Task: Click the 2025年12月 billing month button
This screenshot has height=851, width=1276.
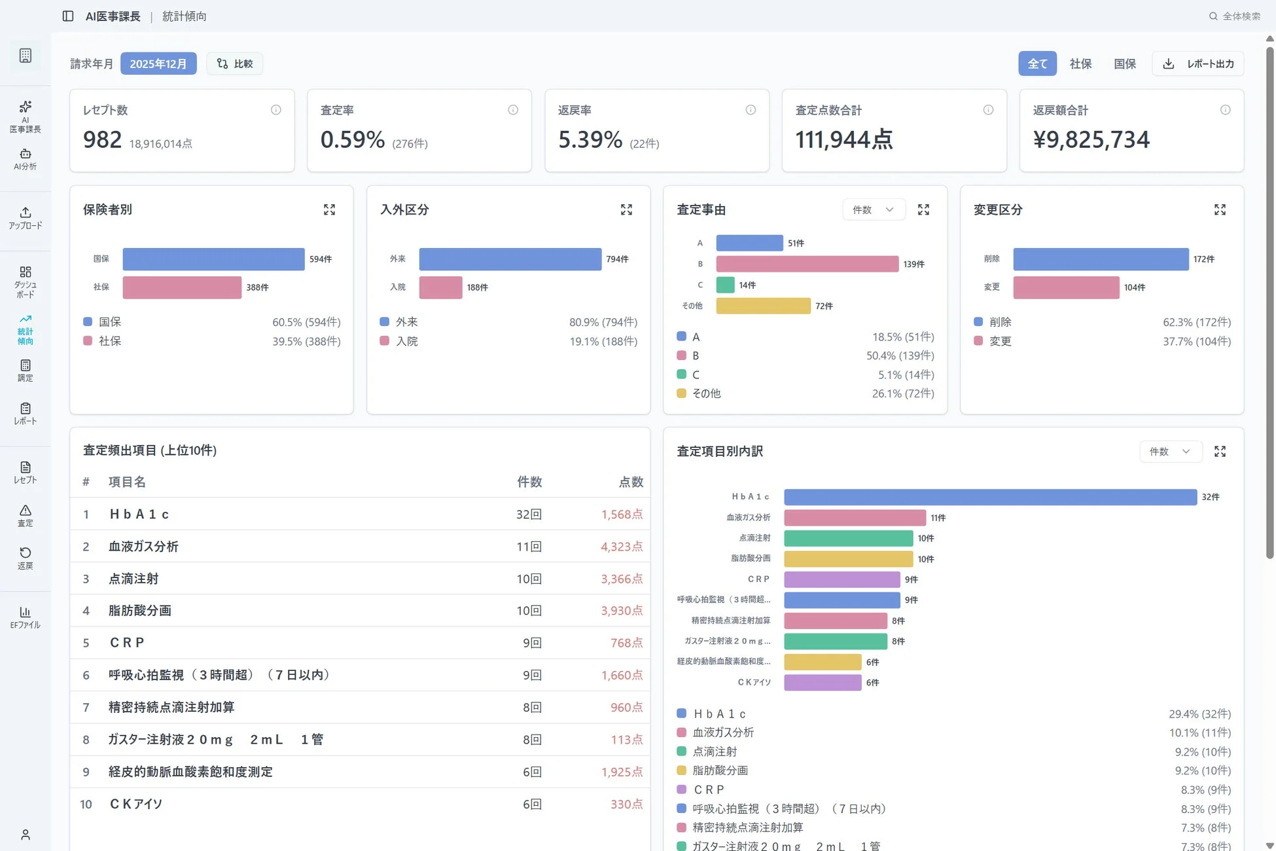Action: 158,63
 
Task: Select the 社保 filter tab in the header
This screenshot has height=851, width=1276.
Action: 1080,63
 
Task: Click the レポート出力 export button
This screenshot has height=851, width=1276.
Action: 1198,63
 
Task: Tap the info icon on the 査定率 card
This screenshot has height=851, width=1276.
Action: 513,110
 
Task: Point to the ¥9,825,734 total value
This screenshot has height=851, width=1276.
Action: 1091,139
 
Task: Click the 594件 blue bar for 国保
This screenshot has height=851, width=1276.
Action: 213,259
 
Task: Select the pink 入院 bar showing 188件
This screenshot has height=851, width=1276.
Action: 440,287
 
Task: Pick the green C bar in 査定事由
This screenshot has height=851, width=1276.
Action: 725,285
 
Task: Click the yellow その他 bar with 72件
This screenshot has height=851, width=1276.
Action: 763,306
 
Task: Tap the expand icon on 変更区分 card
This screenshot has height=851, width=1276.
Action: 1220,209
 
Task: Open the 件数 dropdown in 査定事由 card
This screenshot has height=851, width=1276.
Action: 873,209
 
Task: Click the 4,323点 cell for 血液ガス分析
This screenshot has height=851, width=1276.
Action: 621,547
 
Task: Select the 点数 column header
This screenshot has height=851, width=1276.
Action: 631,482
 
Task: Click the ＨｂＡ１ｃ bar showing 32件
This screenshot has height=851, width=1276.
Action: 989,497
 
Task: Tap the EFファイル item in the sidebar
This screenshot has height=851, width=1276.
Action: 26,617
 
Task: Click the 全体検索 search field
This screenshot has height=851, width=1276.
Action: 1235,16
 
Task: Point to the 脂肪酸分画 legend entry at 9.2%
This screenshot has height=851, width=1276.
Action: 720,770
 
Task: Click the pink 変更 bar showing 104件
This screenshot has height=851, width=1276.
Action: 1066,287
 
